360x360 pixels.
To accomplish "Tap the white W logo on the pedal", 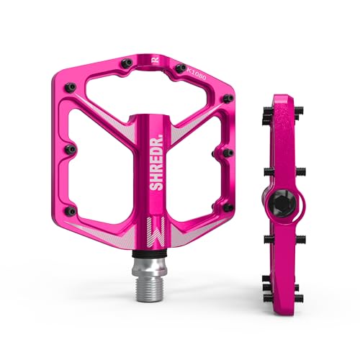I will (x=158, y=230).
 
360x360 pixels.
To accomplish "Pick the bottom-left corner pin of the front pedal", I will (x=70, y=210).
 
